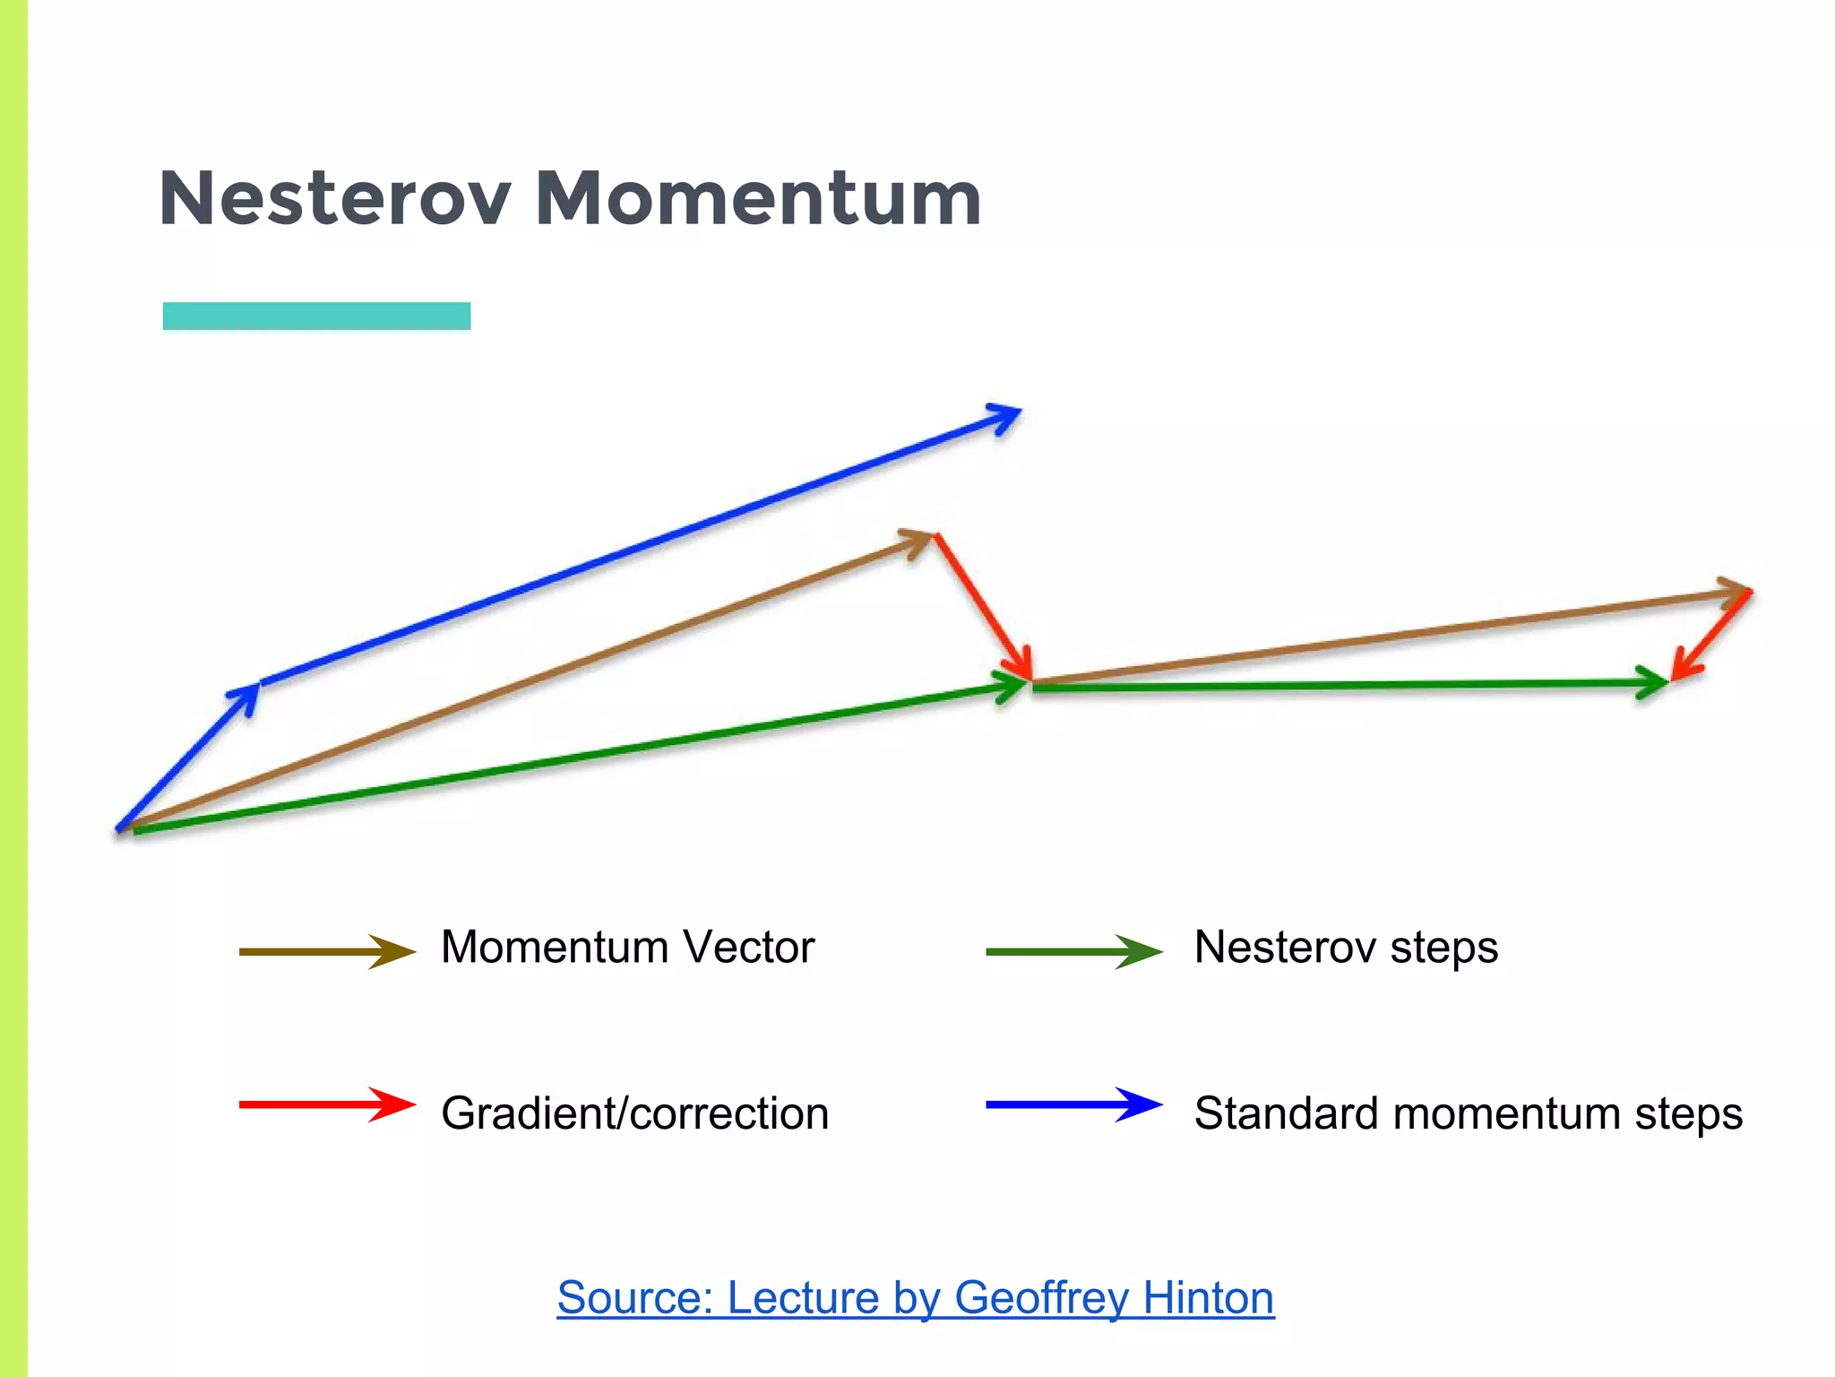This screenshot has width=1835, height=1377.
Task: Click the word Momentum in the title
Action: coord(758,198)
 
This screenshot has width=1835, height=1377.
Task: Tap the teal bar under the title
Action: coord(316,316)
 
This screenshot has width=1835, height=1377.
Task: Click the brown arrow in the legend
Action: coord(327,951)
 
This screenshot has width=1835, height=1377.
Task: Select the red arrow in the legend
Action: coord(327,1104)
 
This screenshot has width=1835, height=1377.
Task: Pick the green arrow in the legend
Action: coord(1073,951)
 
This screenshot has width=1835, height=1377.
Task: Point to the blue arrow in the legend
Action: coord(1073,1104)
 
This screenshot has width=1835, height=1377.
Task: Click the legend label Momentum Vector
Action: coord(627,947)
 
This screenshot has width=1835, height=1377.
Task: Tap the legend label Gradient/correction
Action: coord(634,1113)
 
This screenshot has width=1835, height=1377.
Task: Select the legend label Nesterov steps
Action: coord(1346,947)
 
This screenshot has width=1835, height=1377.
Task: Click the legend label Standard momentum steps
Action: coord(1468,1113)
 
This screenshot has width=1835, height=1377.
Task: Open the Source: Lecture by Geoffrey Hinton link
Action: coord(915,1297)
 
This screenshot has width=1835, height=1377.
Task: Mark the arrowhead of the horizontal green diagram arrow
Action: coord(1654,683)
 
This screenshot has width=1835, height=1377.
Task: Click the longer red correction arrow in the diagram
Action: coord(982,606)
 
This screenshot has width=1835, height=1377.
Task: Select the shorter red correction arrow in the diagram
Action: coord(1711,636)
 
